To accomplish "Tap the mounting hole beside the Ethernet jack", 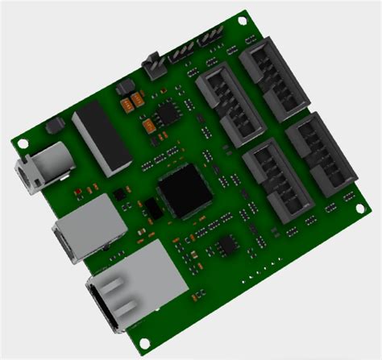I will click(146, 338).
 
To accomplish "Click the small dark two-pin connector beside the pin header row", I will click(152, 67).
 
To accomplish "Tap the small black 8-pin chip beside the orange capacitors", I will click(168, 113).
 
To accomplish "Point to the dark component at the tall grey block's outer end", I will click(55, 126).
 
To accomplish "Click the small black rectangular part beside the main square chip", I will click(152, 208).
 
